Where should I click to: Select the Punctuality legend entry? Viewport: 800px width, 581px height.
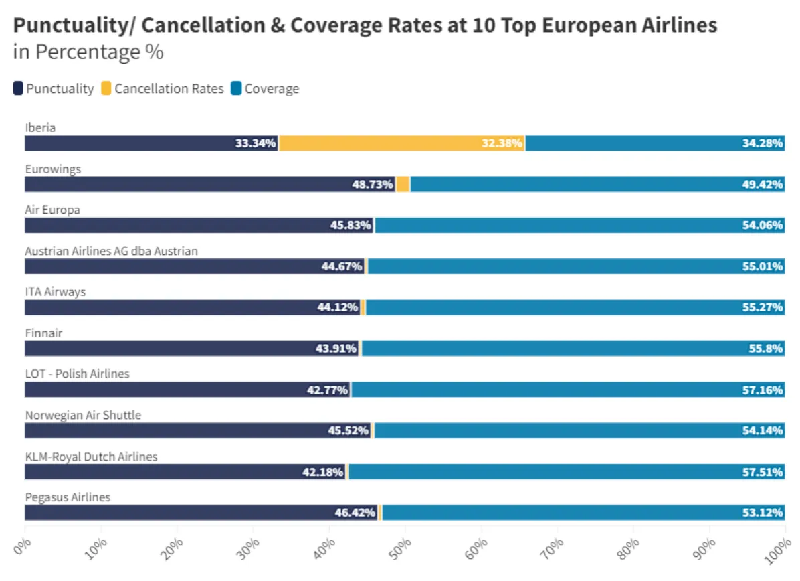coord(54,89)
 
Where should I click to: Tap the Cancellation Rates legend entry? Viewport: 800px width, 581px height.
coord(162,89)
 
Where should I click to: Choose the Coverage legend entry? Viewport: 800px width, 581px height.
coord(264,89)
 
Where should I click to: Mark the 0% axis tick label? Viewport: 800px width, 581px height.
coord(21,546)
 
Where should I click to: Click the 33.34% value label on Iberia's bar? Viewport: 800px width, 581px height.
coord(256,143)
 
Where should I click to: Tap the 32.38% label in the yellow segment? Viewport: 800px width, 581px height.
coord(502,143)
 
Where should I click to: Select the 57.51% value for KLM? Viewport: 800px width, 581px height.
coord(763,472)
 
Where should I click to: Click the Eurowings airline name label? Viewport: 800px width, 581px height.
coord(53,169)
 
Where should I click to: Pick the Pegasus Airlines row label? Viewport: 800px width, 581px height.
coord(68,497)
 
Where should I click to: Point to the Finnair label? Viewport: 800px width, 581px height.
coord(43,333)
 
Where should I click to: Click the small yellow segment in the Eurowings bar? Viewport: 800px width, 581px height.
coord(403,185)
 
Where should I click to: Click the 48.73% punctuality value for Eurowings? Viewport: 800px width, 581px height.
coord(373,185)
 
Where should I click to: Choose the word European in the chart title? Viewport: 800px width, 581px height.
coord(598,26)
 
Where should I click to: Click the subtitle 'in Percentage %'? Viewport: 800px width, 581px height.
coord(88,52)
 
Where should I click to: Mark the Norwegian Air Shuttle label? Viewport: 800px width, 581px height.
coord(83,415)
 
